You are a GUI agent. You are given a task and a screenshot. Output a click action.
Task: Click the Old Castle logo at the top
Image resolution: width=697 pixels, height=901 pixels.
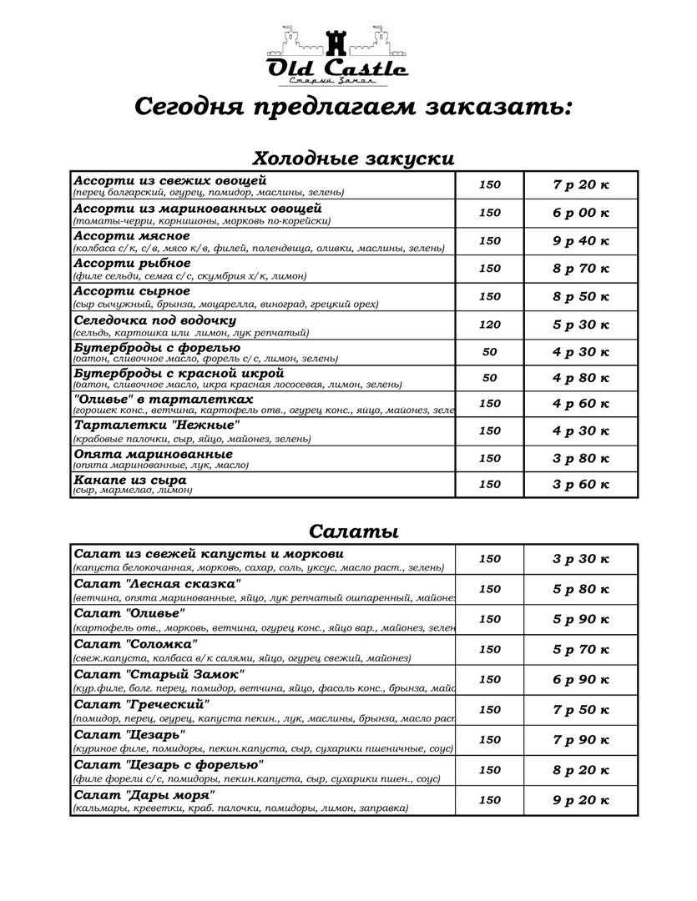(x=336, y=56)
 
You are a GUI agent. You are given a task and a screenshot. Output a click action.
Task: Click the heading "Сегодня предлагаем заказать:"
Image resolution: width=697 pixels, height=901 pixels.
(x=353, y=108)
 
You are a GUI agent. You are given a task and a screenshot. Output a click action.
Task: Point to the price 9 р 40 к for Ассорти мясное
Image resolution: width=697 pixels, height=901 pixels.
(x=581, y=241)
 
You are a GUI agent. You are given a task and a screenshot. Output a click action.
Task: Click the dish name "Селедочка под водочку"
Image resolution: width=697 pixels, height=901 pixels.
(x=155, y=320)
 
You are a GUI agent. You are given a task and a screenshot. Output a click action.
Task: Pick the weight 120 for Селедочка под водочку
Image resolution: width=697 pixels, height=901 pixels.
(x=490, y=325)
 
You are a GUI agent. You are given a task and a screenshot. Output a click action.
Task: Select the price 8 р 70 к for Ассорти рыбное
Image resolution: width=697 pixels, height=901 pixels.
(x=581, y=269)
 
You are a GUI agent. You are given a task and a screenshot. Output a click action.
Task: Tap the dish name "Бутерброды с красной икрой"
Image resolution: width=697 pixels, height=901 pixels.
(x=179, y=374)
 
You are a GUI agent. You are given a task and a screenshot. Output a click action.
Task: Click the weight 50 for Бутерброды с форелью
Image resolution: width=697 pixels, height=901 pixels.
(x=490, y=351)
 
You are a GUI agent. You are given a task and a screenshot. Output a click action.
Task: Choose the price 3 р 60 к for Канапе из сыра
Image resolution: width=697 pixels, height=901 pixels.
(x=581, y=485)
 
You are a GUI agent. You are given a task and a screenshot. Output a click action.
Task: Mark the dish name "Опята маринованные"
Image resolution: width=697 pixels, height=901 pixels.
(x=154, y=454)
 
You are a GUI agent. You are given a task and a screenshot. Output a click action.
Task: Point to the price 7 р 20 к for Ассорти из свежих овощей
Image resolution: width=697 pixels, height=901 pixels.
(x=581, y=184)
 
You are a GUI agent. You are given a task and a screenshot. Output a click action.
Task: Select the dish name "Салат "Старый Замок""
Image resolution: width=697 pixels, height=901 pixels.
(x=159, y=673)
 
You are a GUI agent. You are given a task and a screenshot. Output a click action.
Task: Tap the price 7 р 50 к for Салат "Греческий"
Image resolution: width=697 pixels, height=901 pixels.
(x=581, y=709)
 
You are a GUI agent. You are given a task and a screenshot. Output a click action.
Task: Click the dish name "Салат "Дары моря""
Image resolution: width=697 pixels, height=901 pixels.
(x=145, y=794)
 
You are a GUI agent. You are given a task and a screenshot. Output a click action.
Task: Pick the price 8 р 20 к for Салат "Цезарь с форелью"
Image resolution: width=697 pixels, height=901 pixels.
(x=581, y=770)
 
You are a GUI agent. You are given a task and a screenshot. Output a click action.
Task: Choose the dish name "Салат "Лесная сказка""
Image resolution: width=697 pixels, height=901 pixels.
(x=157, y=583)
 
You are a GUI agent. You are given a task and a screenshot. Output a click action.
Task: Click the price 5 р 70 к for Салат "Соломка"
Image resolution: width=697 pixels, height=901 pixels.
(x=581, y=649)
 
